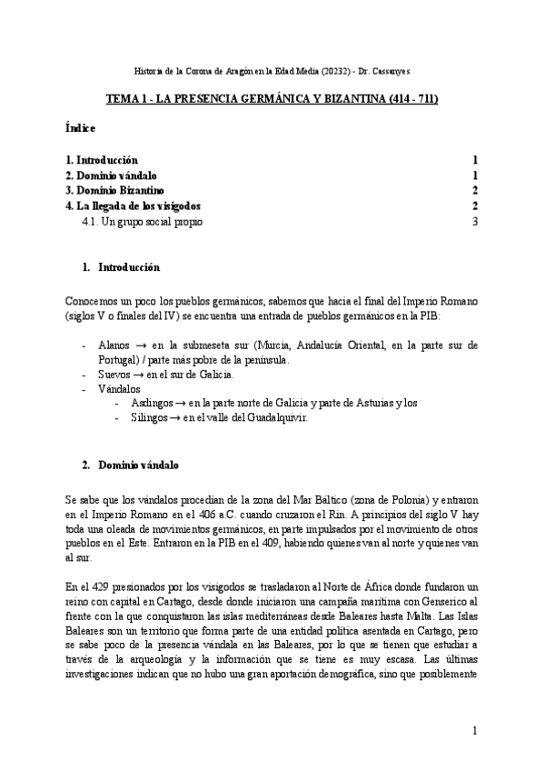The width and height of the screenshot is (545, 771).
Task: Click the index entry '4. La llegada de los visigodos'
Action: point(139,205)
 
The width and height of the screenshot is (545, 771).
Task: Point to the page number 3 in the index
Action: point(474,221)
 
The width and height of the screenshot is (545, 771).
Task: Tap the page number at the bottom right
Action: point(474,730)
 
